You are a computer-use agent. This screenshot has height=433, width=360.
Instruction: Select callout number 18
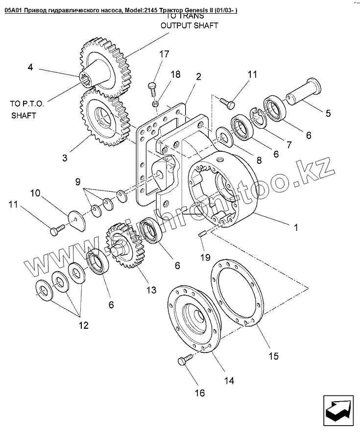point(175,74)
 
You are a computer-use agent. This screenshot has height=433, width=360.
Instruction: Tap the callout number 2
point(198,76)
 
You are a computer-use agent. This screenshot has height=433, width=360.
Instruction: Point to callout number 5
point(328,113)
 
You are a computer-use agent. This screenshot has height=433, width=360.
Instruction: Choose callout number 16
point(199,392)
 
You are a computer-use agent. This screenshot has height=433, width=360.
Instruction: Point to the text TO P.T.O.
point(27,104)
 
